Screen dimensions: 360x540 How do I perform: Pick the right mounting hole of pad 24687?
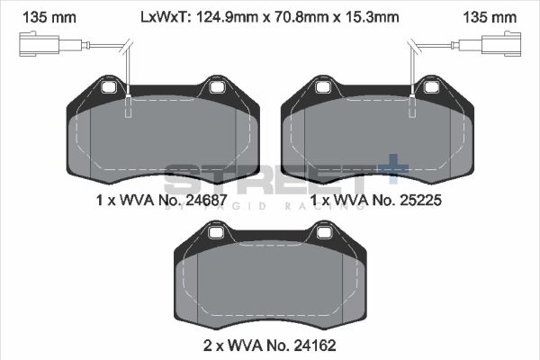(216, 87)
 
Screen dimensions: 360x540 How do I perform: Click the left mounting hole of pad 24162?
(216, 234)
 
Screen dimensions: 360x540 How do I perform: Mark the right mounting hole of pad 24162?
(323, 234)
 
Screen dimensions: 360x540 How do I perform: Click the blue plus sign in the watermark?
(392, 168)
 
